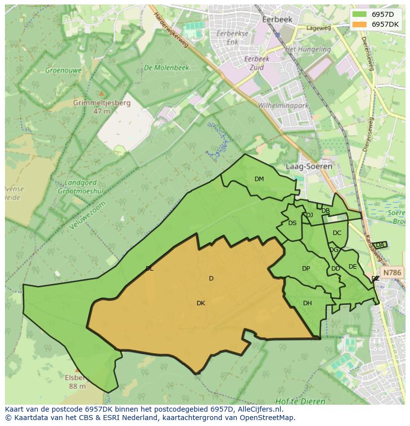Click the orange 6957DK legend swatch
359,24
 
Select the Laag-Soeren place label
308,167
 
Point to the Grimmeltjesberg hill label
102,103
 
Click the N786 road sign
392,273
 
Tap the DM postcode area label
259,179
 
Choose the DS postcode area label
292,223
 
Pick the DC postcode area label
337,233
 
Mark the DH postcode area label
307,303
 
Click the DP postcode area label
306,269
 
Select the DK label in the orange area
201,303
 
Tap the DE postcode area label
353,267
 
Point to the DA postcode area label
380,245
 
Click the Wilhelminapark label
283,106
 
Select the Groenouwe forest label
63,71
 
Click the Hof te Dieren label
301,401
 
